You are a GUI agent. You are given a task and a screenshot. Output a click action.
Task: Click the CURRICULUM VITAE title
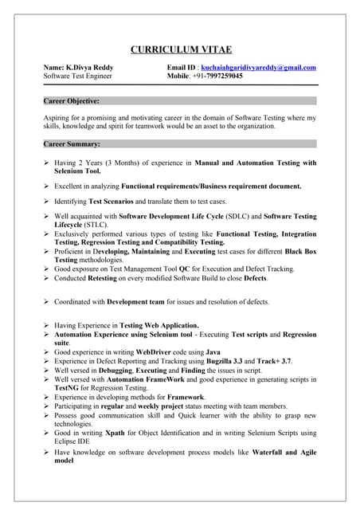point(180,49)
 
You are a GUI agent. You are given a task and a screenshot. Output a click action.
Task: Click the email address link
point(259,69)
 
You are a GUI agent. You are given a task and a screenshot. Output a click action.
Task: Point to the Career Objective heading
point(72,101)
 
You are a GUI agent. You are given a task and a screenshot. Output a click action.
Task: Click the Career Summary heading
point(72,144)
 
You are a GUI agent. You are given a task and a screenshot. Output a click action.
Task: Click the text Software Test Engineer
point(78,77)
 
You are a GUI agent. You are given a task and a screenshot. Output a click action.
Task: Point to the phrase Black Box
point(299,252)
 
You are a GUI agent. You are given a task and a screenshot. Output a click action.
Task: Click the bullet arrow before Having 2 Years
point(46,163)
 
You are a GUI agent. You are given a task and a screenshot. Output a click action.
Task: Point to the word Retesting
point(108,279)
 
